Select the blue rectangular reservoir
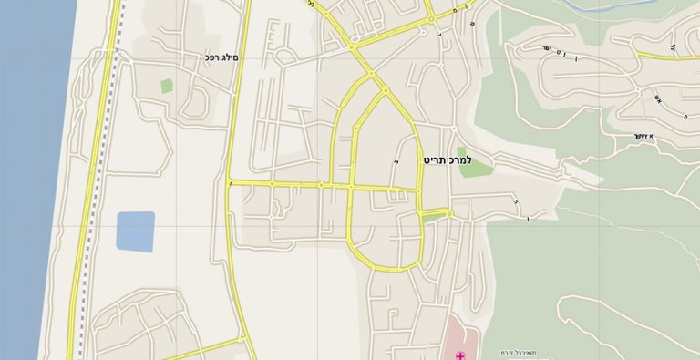point(135,231)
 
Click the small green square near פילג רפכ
point(167,86)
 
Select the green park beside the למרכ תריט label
point(474,165)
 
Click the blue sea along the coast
point(27,182)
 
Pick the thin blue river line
point(620,7)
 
